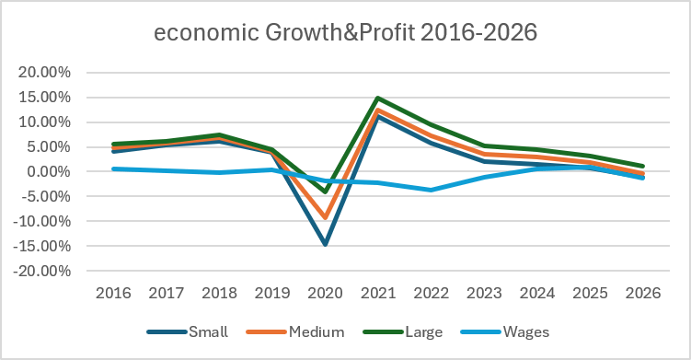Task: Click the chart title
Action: pyautogui.click(x=346, y=32)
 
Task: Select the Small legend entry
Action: pyautogui.click(x=188, y=331)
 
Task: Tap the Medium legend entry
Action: pyautogui.click(x=295, y=331)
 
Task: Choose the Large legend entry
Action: pyautogui.click(x=403, y=332)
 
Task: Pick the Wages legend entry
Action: pyautogui.click(x=505, y=332)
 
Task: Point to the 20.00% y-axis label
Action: pyautogui.click(x=44, y=73)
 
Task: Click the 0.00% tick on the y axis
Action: pyautogui.click(x=49, y=171)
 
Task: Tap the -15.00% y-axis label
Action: pyautogui.click(x=42, y=246)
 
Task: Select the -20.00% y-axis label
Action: pyautogui.click(x=42, y=271)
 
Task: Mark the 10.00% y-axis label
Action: pyautogui.click(x=44, y=122)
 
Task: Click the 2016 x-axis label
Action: pyautogui.click(x=113, y=293)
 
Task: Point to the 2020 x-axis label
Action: pyautogui.click(x=325, y=293)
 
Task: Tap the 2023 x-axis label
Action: pyautogui.click(x=484, y=293)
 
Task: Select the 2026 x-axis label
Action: pyautogui.click(x=643, y=293)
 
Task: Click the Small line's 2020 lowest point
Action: pyautogui.click(x=325, y=243)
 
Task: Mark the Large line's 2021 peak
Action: pyautogui.click(x=378, y=98)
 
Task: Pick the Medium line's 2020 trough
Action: pyautogui.click(x=325, y=217)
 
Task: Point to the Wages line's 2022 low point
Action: pyautogui.click(x=431, y=191)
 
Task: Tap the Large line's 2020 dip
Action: pyautogui.click(x=325, y=192)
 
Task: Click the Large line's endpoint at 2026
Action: pyautogui.click(x=642, y=167)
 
